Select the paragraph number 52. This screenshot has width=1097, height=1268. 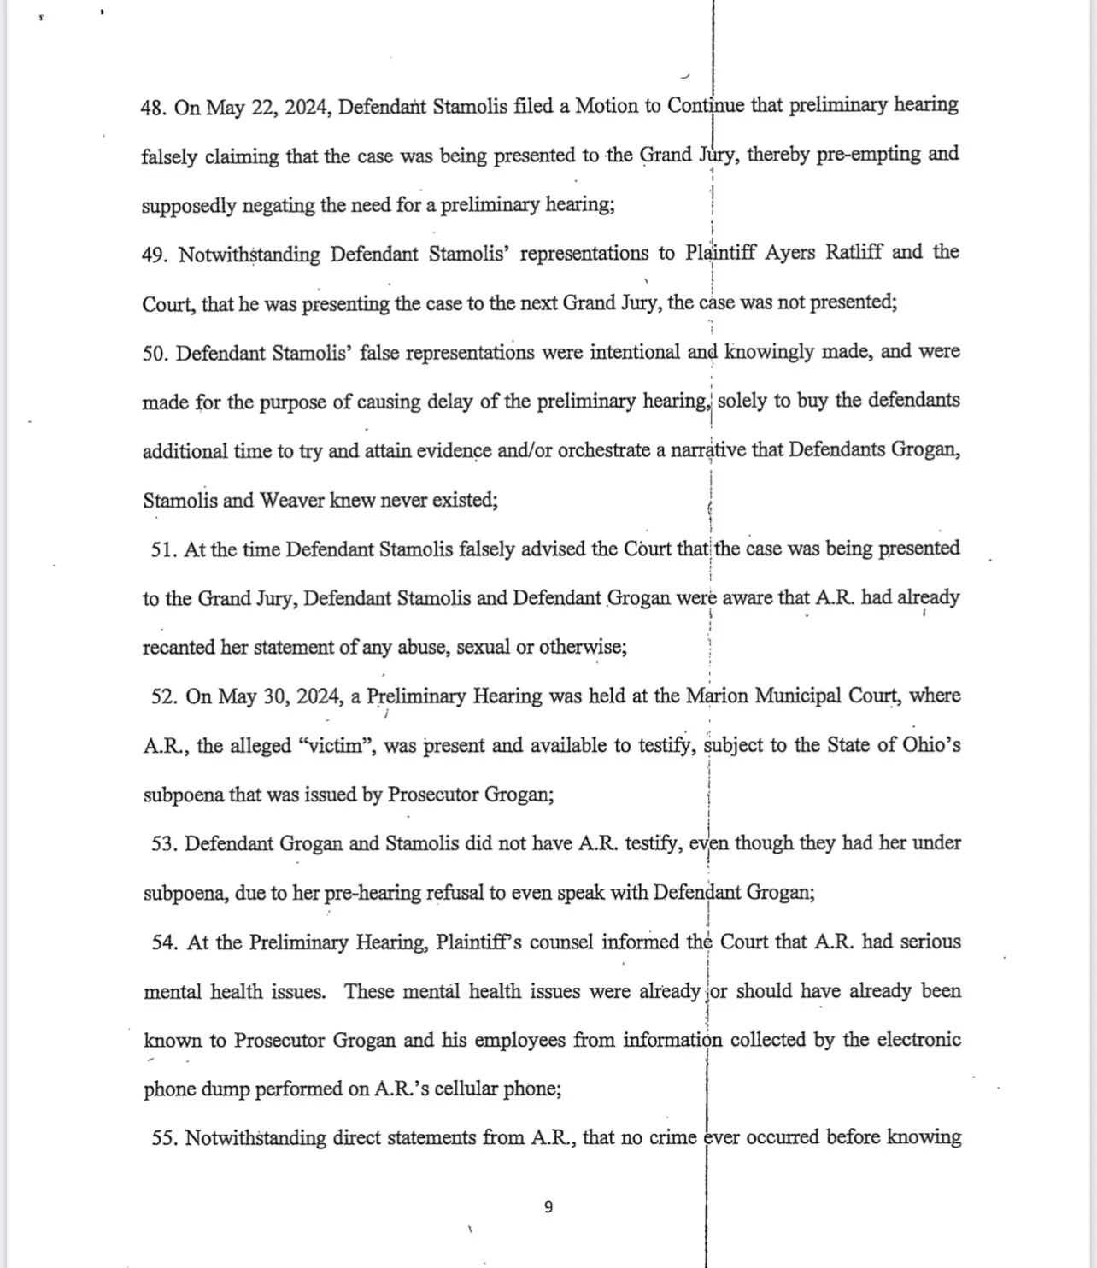click(x=163, y=697)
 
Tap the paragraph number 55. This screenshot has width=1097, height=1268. click(x=163, y=1139)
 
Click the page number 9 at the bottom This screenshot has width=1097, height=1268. click(x=548, y=1207)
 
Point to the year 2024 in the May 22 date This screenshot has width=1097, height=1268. click(x=307, y=108)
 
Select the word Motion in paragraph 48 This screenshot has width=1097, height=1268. click(x=607, y=107)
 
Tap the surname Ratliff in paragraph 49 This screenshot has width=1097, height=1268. click(x=854, y=254)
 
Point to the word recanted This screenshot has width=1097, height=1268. click(x=179, y=648)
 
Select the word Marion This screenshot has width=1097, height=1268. click(x=720, y=696)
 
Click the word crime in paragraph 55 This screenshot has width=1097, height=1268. click(x=672, y=1138)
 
